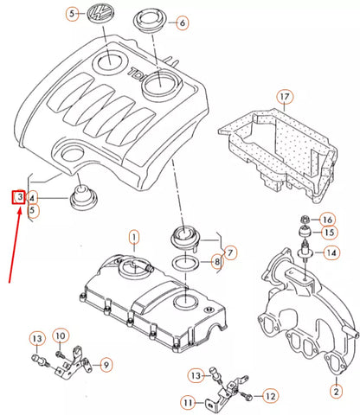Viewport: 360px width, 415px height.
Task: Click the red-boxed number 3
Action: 18,197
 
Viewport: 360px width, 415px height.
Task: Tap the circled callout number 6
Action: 183,23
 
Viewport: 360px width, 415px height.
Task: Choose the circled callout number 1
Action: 134,236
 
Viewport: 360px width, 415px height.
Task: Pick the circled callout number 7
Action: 230,252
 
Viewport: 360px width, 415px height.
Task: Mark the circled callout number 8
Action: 216,261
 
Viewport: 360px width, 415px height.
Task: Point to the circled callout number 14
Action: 331,253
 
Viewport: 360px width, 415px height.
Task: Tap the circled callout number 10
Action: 60,335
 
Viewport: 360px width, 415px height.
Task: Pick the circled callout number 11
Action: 189,402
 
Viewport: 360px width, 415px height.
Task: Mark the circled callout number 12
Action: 269,395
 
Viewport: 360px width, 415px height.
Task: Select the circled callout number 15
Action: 327,233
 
